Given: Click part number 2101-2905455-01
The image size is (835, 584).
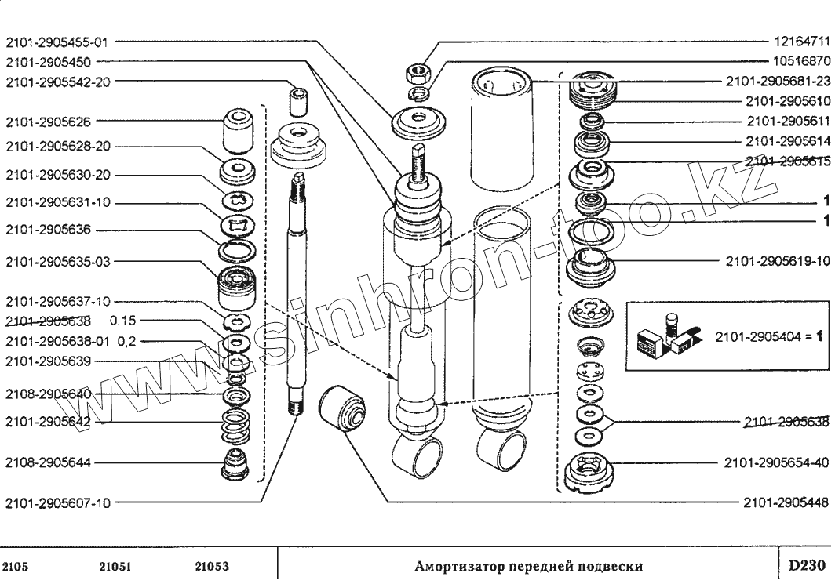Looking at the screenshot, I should pyautogui.click(x=59, y=43).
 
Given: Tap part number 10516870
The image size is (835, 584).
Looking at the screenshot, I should pyautogui.click(x=801, y=60).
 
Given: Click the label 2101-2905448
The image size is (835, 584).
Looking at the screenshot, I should pyautogui.click(x=786, y=503).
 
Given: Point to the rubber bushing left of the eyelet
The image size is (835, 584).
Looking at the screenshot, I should pyautogui.click(x=344, y=409).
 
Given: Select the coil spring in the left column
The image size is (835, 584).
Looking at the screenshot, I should pyautogui.click(x=235, y=427).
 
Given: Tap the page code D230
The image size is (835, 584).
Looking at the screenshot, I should pyautogui.click(x=807, y=565).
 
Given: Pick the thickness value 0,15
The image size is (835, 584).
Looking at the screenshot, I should pyautogui.click(x=124, y=321).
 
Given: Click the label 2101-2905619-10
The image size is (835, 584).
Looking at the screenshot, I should pyautogui.click(x=777, y=260).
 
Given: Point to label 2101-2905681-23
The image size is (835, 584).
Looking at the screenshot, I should pyautogui.click(x=777, y=80).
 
